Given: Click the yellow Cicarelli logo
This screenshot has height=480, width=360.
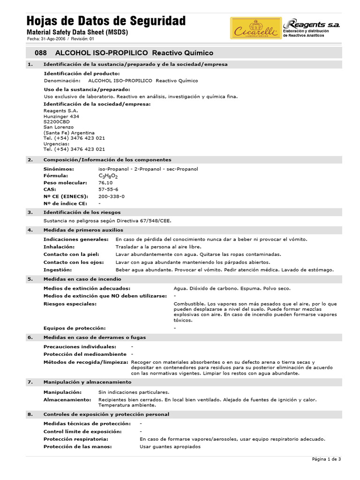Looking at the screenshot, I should click(x=256, y=28).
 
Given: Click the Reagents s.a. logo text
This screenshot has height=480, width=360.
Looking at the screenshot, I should click(x=312, y=24).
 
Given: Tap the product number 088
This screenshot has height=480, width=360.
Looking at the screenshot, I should click(x=41, y=53).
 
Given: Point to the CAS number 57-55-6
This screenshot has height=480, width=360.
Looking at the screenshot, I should click(x=108, y=189).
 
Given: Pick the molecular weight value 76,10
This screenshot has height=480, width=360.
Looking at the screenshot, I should click(x=105, y=182).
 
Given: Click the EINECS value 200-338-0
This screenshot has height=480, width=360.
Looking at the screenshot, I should click(x=111, y=196).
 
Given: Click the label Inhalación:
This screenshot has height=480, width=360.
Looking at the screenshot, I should click(x=59, y=246).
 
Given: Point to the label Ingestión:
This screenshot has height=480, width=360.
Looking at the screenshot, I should click(x=58, y=270).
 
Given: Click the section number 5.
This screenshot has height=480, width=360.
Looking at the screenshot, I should click(x=30, y=279).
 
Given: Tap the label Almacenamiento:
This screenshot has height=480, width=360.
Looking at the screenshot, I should click(x=67, y=399).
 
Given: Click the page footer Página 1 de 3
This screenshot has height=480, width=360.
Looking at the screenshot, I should click(x=326, y=459).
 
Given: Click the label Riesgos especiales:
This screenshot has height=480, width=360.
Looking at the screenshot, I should click(x=70, y=304).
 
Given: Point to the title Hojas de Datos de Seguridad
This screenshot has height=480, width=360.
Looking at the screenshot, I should click(x=106, y=21).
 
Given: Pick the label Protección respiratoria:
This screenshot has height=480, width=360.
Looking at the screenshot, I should click(x=76, y=439).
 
